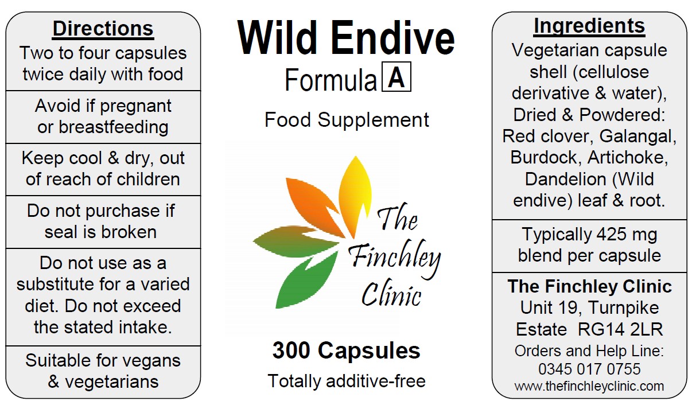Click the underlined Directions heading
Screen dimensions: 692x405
[x=103, y=29]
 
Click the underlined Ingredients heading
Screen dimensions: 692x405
[x=589, y=26]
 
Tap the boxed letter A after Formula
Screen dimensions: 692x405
[x=396, y=77]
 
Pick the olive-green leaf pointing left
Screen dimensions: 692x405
[x=293, y=242]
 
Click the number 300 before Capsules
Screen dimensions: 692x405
[x=291, y=351]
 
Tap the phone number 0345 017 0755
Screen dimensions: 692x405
[x=589, y=369]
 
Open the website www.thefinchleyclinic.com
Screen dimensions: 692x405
[x=589, y=386]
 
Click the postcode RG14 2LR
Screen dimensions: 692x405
[x=620, y=329]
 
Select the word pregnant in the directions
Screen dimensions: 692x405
[x=135, y=107]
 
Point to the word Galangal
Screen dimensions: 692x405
[x=638, y=137]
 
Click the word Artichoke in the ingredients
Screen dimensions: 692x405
[x=627, y=158]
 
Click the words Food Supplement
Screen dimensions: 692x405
[x=347, y=119]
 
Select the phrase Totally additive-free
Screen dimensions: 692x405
[x=347, y=381]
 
